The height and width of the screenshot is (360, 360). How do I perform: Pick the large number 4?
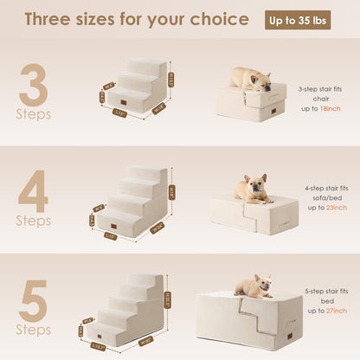pos(33,192)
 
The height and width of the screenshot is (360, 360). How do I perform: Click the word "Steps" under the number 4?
pos(33,220)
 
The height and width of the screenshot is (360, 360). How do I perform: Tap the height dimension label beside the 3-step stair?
pos(170,80)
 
